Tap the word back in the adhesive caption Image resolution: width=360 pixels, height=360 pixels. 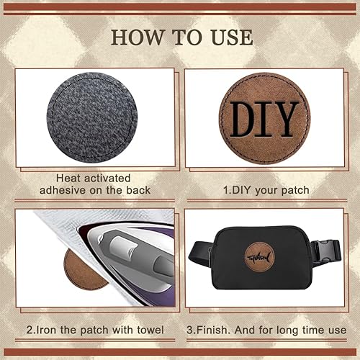[x=137, y=189]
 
